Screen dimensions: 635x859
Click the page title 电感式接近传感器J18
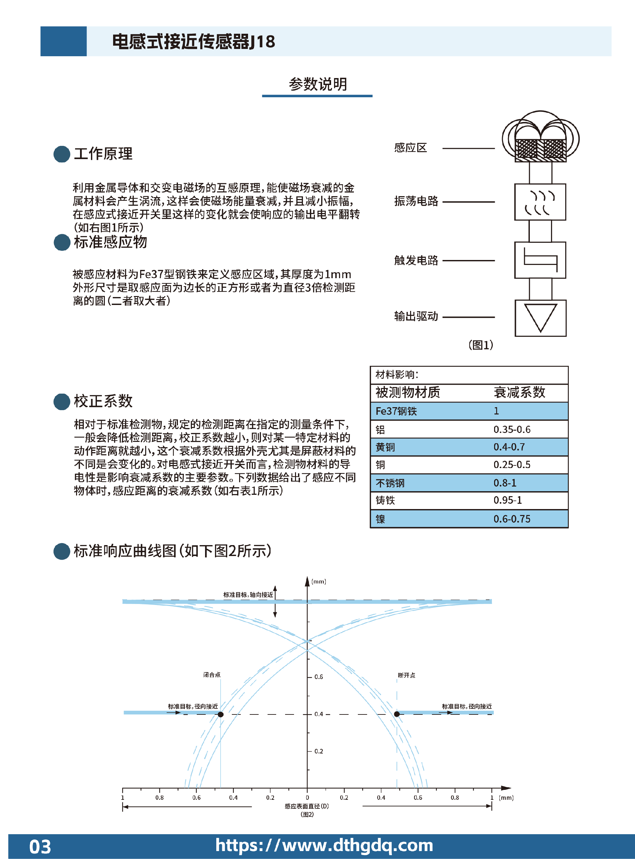(x=194, y=41)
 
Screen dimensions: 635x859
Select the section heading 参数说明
(x=318, y=84)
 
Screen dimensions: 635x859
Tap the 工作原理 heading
(x=103, y=154)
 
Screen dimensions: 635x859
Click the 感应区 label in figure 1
(x=410, y=148)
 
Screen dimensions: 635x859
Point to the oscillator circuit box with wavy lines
(x=540, y=202)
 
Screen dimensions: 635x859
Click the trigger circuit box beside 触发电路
(x=540, y=260)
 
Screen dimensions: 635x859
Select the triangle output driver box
(x=540, y=318)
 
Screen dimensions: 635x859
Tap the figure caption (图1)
(x=481, y=345)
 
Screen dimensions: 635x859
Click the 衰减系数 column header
(x=519, y=392)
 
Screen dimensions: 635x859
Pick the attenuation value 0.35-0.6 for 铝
(x=512, y=429)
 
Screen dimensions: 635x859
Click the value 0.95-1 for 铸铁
(x=508, y=500)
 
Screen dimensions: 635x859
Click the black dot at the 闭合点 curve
(x=221, y=714)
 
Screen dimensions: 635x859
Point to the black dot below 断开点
(x=397, y=714)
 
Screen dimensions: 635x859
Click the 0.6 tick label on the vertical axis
(x=318, y=677)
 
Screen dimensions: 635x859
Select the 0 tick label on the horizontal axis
(x=307, y=797)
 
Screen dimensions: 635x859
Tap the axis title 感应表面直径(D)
(x=307, y=806)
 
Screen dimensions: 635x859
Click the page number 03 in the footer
(x=40, y=847)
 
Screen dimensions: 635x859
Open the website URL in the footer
(x=324, y=845)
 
